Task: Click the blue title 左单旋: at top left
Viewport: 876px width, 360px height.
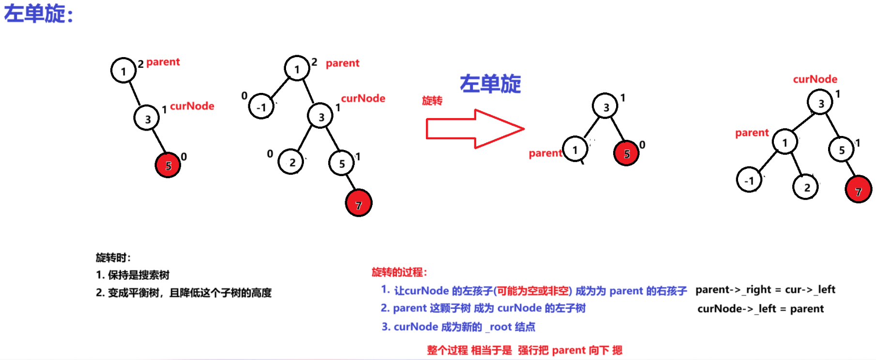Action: [x=39, y=14]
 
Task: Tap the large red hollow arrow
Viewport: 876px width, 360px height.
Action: [x=474, y=129]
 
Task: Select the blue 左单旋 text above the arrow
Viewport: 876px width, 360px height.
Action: [x=490, y=84]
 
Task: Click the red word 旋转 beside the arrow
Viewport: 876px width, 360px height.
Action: [x=432, y=101]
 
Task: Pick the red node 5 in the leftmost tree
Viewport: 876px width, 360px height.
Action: [x=168, y=165]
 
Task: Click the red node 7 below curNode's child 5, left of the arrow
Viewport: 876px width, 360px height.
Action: [x=358, y=204]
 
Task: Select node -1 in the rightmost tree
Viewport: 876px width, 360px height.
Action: [x=749, y=180]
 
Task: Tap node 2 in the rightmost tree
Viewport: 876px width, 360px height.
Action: [x=806, y=187]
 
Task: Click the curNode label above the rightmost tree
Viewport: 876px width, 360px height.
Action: [x=815, y=79]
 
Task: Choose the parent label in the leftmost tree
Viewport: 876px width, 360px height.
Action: [x=163, y=62]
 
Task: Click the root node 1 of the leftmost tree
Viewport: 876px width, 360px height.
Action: [x=123, y=71]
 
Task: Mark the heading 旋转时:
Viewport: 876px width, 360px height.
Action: [x=113, y=257]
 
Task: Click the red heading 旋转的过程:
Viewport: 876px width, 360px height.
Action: [x=399, y=272]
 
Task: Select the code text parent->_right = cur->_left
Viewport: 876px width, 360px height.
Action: [x=765, y=290]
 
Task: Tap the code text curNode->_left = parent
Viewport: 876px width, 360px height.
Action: [x=760, y=309]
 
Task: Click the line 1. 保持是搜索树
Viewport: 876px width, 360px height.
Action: [x=133, y=275]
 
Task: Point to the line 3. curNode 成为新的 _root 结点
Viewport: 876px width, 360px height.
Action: [x=458, y=327]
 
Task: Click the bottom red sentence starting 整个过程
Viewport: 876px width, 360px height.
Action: [x=524, y=350]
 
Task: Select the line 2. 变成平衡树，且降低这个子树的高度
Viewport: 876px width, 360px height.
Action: [x=183, y=293]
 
